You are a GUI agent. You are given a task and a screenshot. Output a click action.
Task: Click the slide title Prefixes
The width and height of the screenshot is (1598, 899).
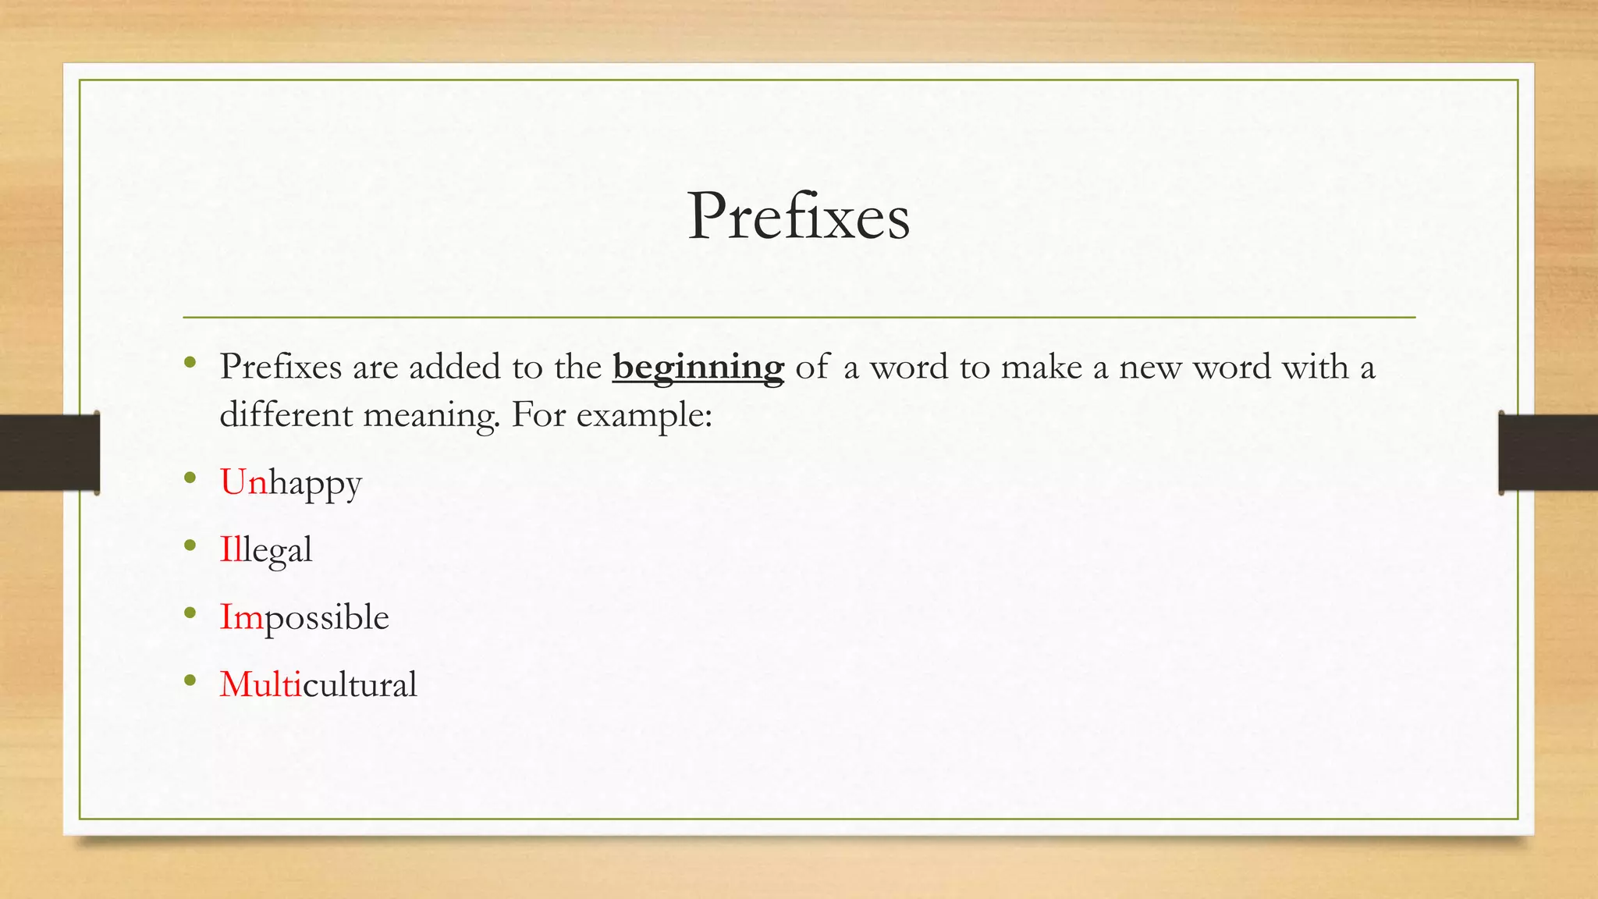coord(798,216)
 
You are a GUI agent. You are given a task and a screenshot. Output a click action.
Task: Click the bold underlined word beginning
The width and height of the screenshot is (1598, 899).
coord(698,368)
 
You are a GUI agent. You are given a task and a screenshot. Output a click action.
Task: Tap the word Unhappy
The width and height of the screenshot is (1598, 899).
coord(290,483)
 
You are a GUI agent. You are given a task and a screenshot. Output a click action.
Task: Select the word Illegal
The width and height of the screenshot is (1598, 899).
coord(265,550)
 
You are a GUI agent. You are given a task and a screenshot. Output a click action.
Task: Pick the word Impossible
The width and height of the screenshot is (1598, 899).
coord(304,617)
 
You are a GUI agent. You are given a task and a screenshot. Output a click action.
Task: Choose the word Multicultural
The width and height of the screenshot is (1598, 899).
coord(318,685)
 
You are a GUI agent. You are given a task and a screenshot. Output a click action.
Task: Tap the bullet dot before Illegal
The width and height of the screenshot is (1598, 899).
coord(190,545)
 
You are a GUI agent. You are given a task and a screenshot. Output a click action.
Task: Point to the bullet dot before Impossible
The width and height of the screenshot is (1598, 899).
coord(190,613)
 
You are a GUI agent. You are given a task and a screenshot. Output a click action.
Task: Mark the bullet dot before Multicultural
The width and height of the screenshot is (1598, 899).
coord(190,680)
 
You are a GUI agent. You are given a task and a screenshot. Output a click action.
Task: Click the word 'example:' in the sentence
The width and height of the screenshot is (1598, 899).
coord(644,415)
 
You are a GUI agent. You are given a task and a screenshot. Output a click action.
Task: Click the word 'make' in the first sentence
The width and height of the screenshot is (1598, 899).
coord(1042,367)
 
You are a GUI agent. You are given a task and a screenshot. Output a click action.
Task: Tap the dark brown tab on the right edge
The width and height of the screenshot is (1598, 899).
coord(1548,453)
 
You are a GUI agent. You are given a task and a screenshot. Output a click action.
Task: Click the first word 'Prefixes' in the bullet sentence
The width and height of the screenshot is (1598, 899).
coord(280,367)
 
